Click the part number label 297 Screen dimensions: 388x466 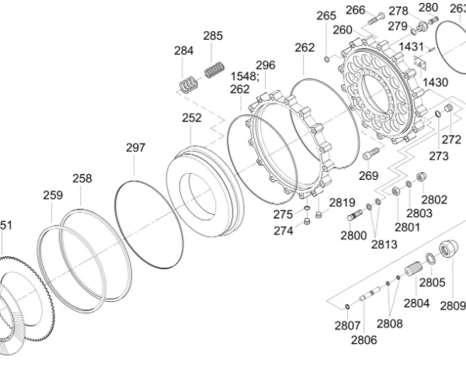136,147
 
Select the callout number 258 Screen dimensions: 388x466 82,178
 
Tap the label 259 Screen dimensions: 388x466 52,195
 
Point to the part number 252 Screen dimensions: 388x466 192,118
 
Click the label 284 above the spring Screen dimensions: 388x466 183,51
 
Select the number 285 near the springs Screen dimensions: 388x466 213,36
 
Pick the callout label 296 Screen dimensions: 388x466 266,65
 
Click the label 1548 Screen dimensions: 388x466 244,76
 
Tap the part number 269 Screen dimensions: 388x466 368,175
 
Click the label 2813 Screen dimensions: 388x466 383,244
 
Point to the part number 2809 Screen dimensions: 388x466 452,305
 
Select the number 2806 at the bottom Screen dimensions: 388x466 363,340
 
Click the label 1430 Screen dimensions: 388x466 435,82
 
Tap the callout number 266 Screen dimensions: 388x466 355,10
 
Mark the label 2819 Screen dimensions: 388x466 342,203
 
